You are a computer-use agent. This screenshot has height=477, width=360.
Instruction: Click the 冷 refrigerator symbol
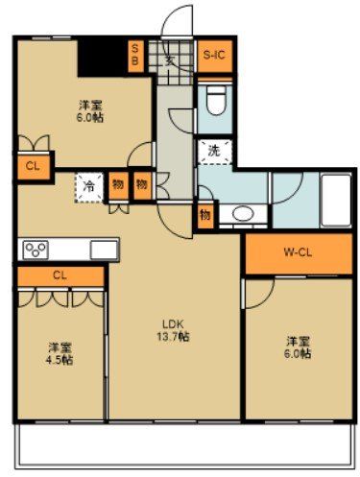pos(88,185)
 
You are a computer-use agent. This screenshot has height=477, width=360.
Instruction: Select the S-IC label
pos(211,55)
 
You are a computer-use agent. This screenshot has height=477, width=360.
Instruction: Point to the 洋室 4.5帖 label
pos(60,353)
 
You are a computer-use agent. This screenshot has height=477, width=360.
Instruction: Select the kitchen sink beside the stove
pos(103,250)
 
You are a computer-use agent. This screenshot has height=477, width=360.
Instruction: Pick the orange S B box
pos(134,54)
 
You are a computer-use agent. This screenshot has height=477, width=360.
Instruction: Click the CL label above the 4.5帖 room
pos(60,275)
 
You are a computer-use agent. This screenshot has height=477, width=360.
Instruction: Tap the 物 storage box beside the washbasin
pos(205,215)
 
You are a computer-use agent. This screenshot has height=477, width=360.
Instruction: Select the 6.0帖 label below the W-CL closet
pos(297,346)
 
